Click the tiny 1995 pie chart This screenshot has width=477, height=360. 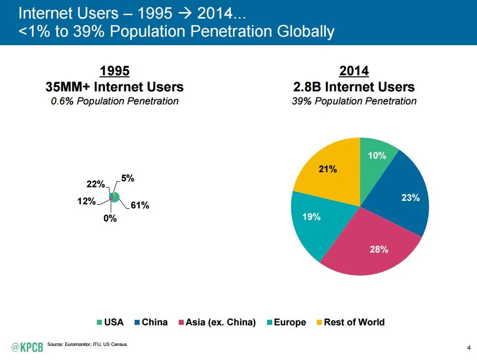point(114,196)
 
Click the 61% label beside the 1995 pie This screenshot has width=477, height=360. point(140,205)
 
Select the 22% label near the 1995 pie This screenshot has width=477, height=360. point(95,185)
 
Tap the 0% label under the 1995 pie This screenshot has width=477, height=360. point(110,218)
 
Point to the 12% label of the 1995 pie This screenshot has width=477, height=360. point(87,201)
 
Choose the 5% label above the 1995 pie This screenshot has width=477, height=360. point(127,178)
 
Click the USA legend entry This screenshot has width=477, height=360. point(110,322)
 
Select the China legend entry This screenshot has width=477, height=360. point(150,322)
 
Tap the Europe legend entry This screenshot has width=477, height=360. point(286,322)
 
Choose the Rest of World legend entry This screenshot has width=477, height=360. point(350,322)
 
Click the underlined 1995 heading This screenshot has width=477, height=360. point(114,70)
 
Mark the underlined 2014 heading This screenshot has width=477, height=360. point(354,70)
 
